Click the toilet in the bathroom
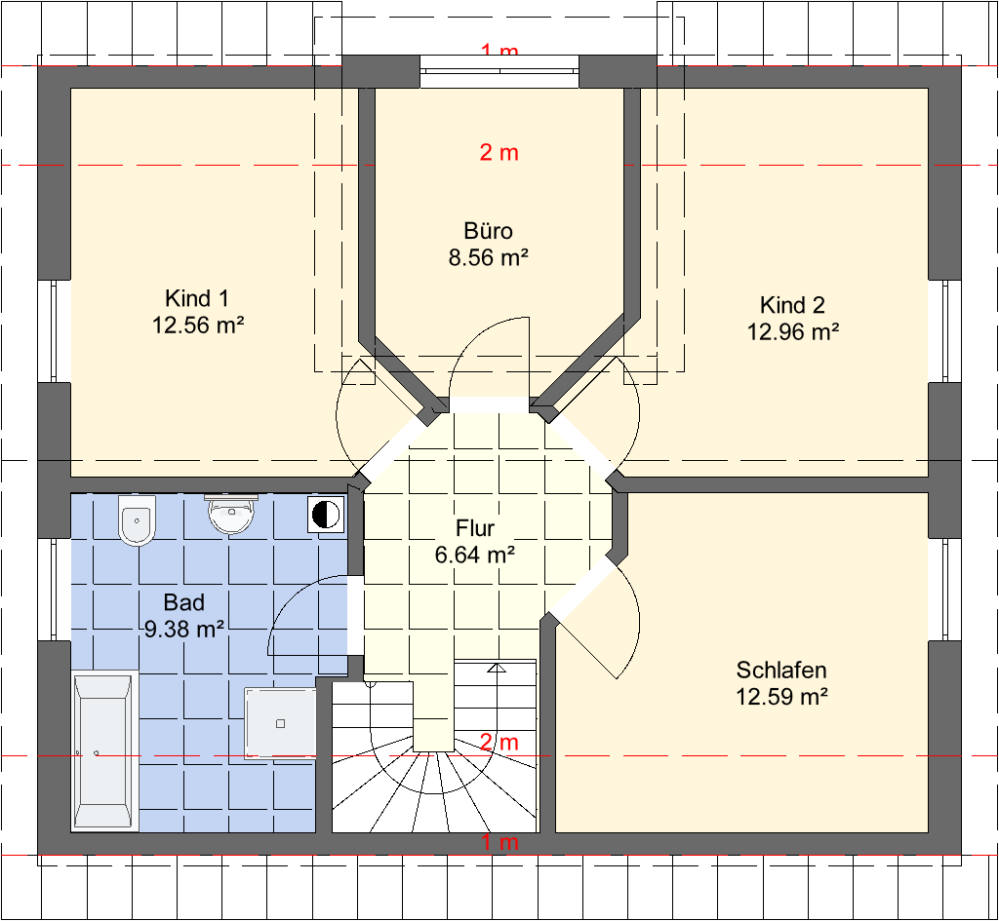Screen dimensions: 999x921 [137, 520]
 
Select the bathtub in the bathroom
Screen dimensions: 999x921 [104, 751]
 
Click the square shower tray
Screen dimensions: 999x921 [280, 724]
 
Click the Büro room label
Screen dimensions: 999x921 [488, 230]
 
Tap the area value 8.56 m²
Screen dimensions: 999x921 [488, 257]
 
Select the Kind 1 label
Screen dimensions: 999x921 [197, 298]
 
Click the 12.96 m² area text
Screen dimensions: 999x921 [792, 331]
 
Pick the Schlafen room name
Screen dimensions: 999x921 [781, 670]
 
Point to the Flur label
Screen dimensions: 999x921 [475, 527]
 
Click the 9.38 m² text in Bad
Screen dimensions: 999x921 [184, 629]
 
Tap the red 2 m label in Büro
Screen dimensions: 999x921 [499, 153]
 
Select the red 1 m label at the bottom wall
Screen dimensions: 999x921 [499, 843]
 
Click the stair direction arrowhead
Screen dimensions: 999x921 [497, 668]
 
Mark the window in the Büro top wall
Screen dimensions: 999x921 [499, 71]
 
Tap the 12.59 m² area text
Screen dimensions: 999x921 [781, 697]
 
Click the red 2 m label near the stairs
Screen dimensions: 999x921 [499, 742]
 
